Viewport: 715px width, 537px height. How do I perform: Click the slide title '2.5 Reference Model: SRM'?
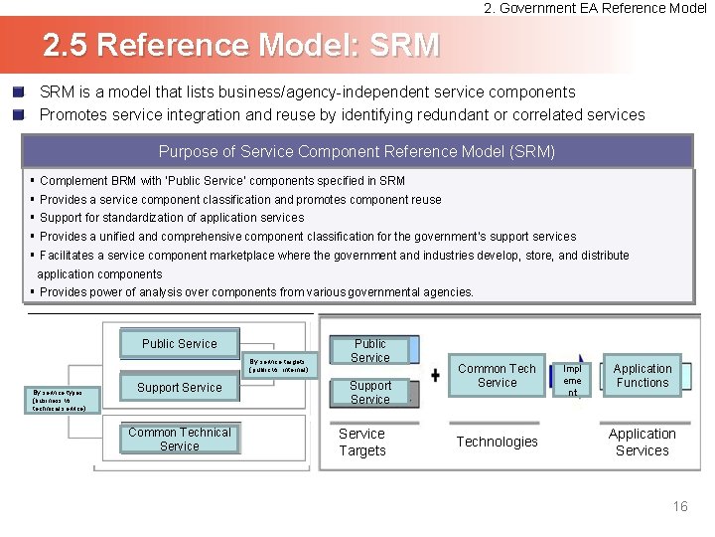pos(240,46)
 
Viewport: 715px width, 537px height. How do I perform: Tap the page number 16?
pos(679,507)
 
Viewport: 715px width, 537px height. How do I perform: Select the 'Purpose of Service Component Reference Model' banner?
pos(357,152)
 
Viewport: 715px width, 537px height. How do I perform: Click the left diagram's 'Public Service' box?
pos(179,344)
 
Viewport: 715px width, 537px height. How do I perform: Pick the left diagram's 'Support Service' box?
pos(180,388)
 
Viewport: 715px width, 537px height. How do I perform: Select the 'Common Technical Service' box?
pos(180,440)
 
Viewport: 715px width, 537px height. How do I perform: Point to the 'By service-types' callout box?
pos(65,400)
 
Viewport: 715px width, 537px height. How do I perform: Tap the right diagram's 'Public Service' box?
pos(370,351)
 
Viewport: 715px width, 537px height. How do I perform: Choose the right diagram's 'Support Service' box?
pos(370,392)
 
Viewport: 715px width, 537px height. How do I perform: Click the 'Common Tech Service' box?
pos(497,376)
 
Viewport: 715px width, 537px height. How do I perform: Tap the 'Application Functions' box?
pos(643,376)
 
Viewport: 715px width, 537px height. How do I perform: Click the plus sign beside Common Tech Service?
pos(435,376)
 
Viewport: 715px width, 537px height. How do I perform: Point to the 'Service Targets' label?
pos(361,443)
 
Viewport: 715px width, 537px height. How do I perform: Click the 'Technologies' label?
pos(497,442)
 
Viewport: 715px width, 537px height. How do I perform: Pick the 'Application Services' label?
pos(643,443)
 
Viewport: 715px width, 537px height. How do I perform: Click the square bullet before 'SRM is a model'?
pos(18,91)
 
